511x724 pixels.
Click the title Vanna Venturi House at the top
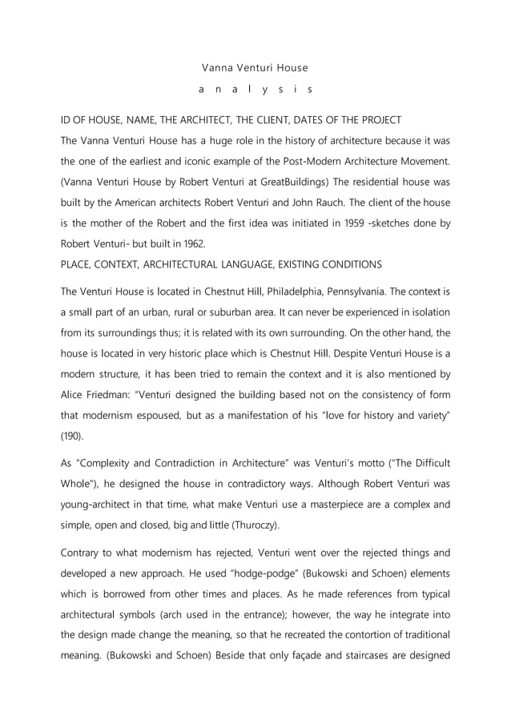point(254,68)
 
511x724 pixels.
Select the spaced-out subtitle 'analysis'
point(254,90)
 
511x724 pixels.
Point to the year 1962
point(191,243)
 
